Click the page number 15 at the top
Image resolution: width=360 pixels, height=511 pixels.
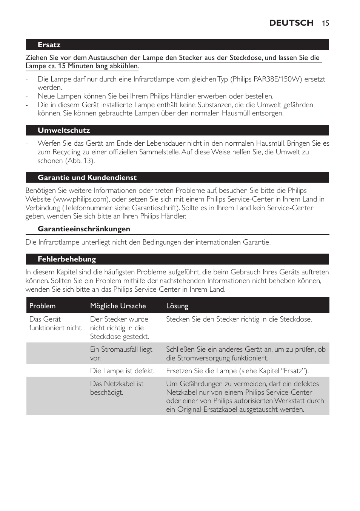325,23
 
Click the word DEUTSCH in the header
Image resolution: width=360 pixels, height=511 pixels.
291,23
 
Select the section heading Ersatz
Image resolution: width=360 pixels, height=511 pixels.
49,45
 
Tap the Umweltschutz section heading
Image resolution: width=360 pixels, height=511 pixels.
64,131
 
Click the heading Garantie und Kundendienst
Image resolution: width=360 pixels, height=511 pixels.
87,178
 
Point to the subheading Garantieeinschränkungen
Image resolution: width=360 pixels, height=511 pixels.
84,229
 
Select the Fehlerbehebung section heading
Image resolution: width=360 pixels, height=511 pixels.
67,259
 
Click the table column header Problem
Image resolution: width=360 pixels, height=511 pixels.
42,306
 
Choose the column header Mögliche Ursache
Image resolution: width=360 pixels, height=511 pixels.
118,306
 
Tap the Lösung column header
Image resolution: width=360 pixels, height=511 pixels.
177,306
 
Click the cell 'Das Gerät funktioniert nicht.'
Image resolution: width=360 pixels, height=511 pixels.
56,323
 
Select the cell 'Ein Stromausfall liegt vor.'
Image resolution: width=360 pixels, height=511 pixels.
121,354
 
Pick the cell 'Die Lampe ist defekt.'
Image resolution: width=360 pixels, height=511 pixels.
122,371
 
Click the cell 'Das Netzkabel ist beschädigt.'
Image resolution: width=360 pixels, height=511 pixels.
117,388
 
